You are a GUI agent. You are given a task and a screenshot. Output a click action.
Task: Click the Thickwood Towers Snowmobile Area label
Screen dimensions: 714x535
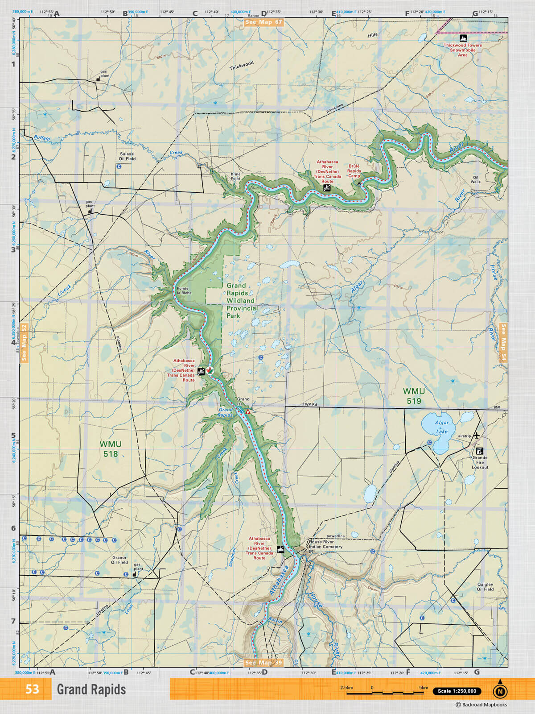[463, 50]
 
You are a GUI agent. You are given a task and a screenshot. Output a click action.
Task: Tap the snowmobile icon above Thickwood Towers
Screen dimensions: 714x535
[463, 38]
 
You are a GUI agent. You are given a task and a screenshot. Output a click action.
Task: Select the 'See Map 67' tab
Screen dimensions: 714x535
[263, 22]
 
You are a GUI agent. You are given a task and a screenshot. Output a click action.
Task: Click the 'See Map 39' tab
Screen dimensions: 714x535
[263, 663]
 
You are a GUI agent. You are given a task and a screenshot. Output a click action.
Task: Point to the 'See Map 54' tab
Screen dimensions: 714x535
[503, 342]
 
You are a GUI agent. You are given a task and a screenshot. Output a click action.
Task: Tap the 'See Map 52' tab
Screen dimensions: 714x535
[24, 342]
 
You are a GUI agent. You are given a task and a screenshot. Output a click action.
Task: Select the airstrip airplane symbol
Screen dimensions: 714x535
[477, 435]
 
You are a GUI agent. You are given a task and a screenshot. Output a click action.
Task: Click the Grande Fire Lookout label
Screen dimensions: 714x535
[480, 462]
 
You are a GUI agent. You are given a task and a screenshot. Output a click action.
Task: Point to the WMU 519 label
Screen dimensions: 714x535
[414, 396]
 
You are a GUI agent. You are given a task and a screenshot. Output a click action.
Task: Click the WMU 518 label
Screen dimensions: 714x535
[111, 449]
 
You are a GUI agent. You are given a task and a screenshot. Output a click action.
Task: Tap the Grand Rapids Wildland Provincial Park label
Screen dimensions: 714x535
[242, 300]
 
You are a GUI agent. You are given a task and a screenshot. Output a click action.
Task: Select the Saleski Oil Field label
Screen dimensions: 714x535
[127, 156]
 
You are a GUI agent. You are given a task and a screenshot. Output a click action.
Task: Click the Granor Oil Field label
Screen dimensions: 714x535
[119, 560]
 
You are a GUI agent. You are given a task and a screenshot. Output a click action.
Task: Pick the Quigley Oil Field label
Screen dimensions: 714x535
[485, 586]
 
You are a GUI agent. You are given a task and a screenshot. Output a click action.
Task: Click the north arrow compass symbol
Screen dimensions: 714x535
[500, 691]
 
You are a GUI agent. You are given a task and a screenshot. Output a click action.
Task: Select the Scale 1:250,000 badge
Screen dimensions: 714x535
[457, 691]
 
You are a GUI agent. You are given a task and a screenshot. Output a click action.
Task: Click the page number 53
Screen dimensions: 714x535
[32, 689]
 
